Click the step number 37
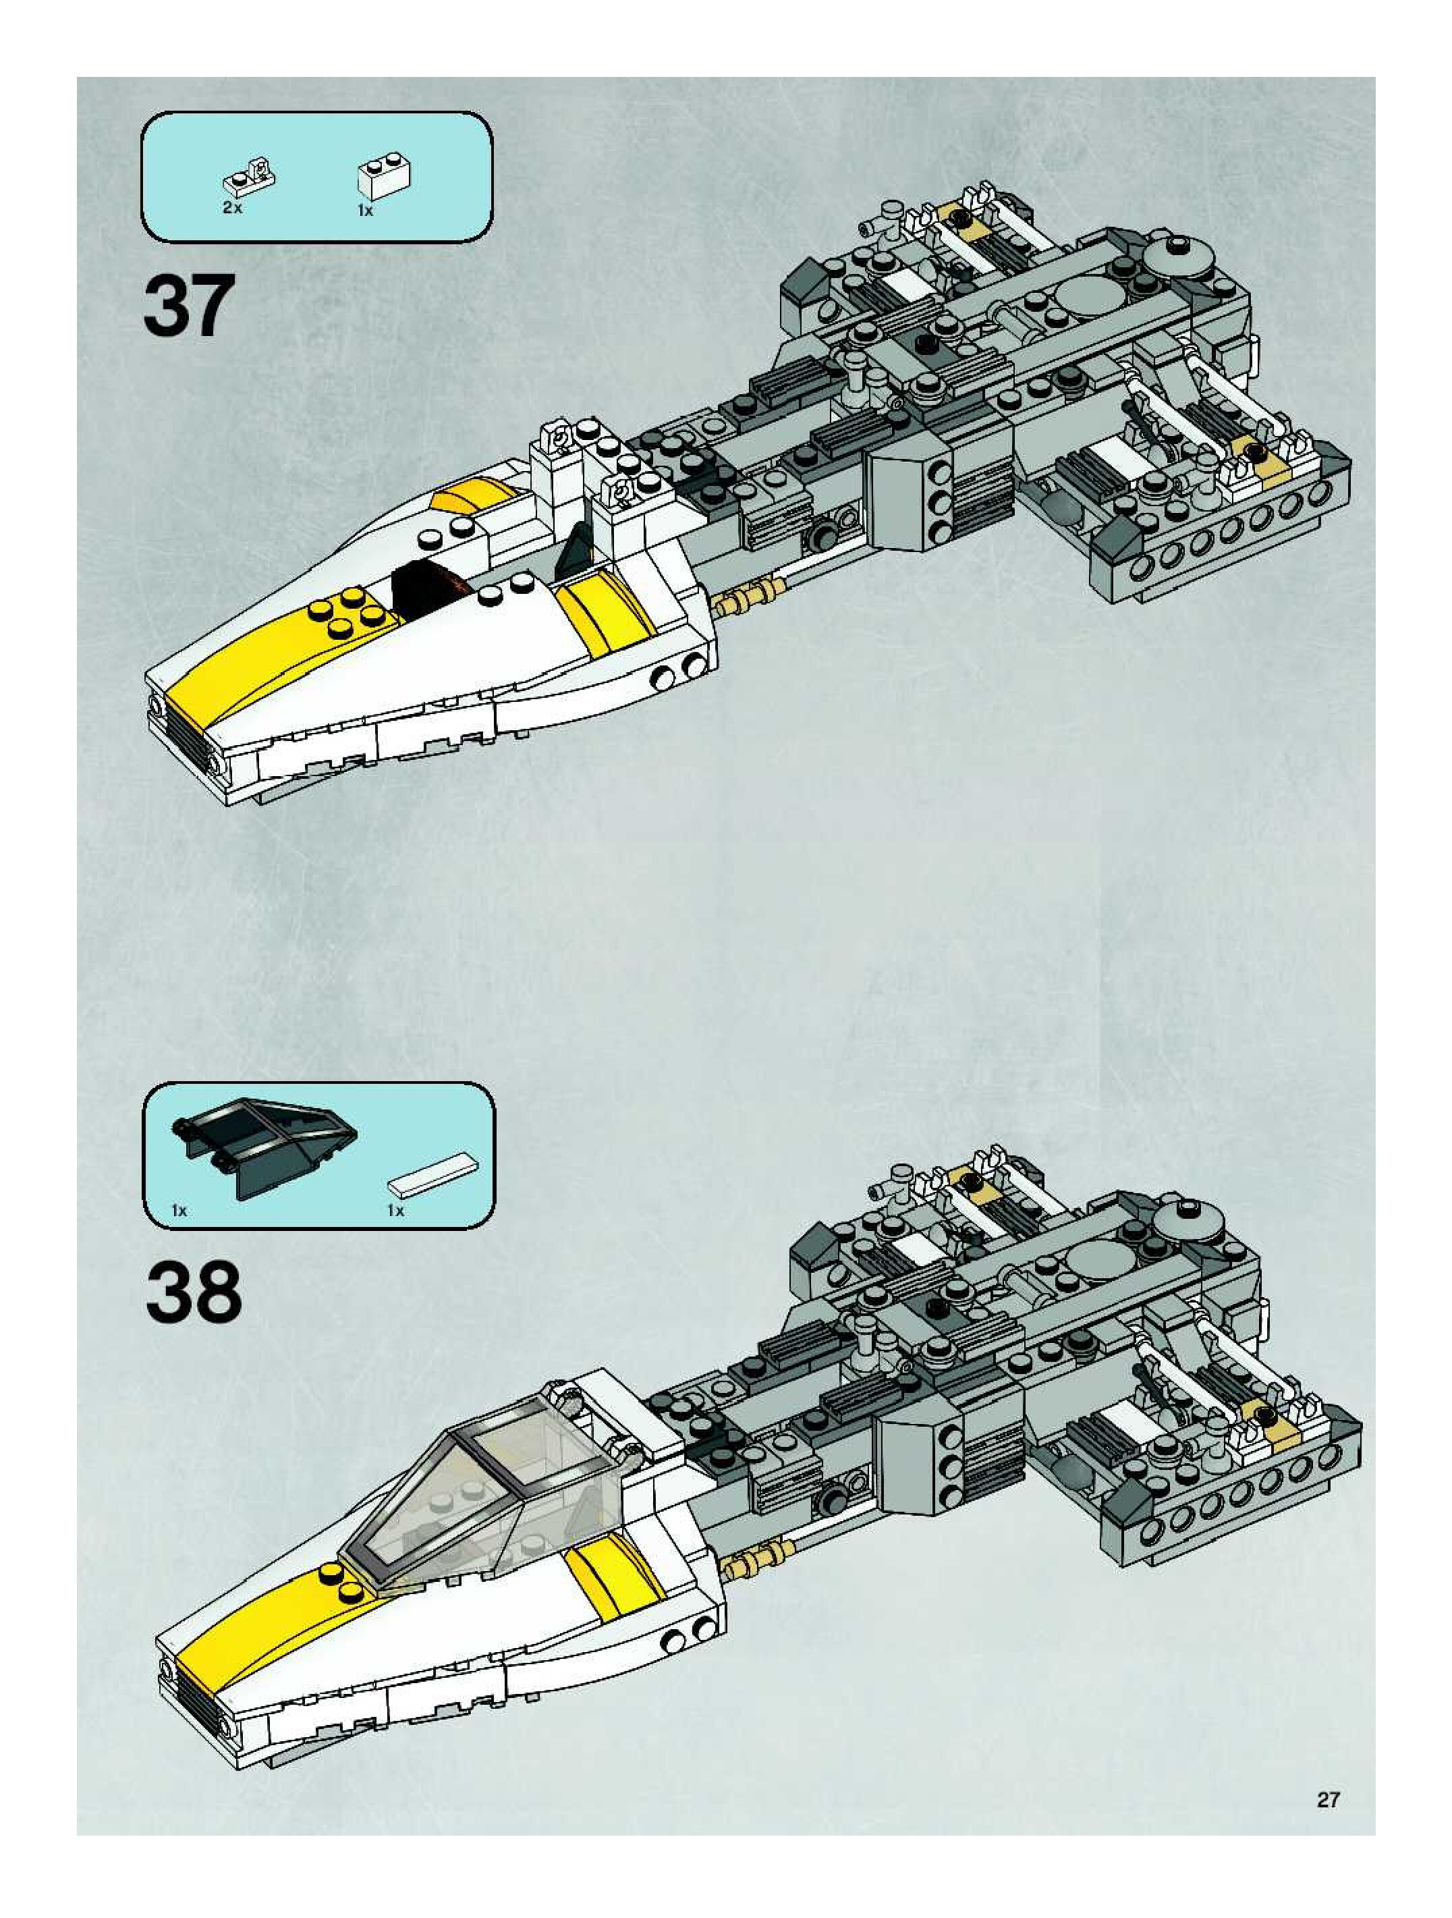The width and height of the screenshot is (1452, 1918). [189, 305]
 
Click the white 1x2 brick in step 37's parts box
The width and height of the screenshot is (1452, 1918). [384, 176]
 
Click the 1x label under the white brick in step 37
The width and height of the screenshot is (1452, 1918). [365, 210]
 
